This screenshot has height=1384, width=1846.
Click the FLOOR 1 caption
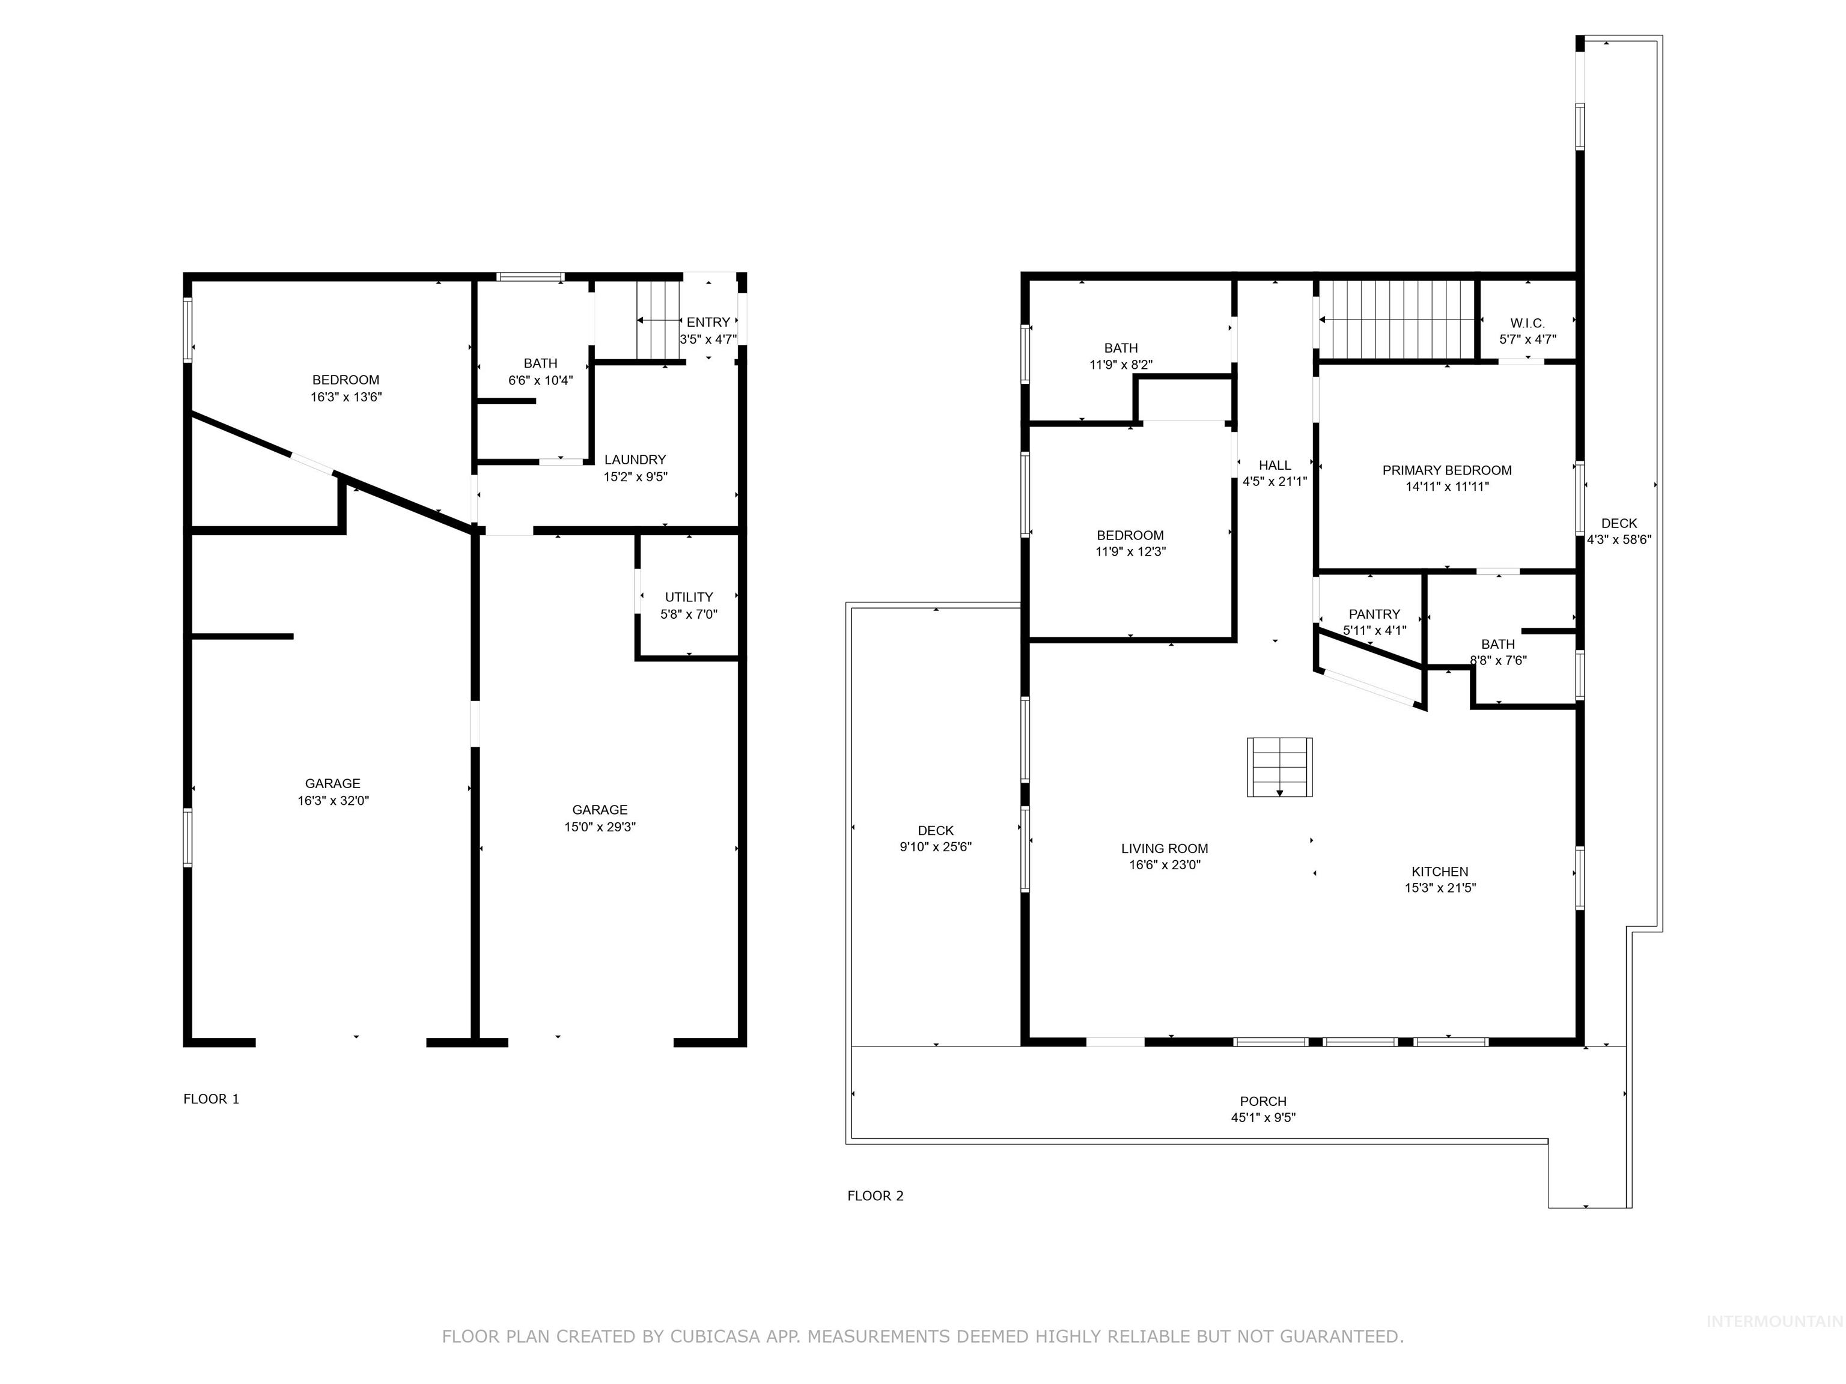(211, 1099)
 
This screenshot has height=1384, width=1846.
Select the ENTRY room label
(708, 322)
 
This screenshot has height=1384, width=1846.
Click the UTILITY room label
(689, 596)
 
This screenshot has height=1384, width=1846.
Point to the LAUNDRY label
(635, 460)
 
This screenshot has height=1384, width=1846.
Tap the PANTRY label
(1374, 614)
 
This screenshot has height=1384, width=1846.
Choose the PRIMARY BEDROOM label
(1447, 470)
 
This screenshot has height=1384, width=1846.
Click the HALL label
(1275, 465)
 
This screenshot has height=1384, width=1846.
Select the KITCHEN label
(1440, 871)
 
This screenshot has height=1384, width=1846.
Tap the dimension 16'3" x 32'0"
(333, 800)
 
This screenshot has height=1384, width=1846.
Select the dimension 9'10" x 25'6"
(936, 847)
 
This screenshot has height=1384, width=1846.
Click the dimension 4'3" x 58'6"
(1618, 540)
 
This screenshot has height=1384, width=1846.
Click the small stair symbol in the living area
(1279, 766)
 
